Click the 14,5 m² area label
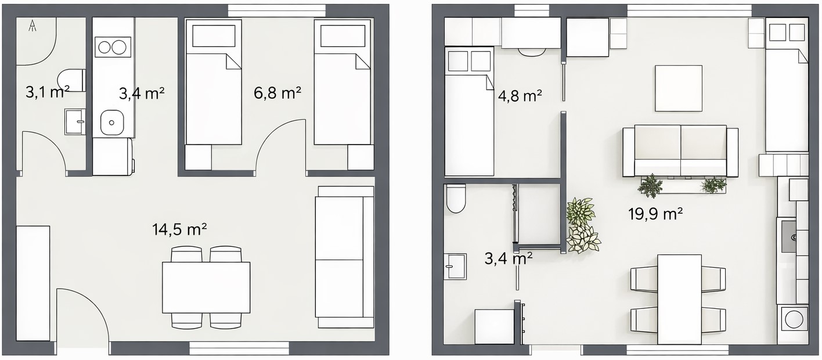point(179,230)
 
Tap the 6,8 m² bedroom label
point(277,93)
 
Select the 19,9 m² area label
point(655,214)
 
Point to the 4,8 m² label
point(520,96)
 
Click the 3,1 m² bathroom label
point(48,92)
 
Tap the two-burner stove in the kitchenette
point(113,47)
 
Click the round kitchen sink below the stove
point(112,123)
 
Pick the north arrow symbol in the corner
point(33,26)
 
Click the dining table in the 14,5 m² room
point(206,287)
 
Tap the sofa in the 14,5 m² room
point(345,257)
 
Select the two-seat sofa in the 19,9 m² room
point(680,151)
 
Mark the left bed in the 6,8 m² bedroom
point(214,82)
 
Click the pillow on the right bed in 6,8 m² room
point(342,36)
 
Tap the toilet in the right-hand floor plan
point(455,199)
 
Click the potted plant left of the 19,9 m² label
point(582,225)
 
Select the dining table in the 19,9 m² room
point(679,300)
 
